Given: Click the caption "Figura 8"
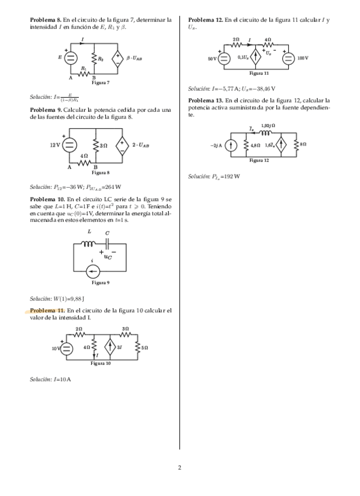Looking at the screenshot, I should click(101, 173).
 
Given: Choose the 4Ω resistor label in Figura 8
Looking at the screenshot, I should click(84, 156).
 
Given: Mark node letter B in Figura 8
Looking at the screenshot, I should click(95, 168).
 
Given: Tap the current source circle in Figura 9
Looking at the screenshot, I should click(92, 271).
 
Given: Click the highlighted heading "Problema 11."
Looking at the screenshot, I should click(47, 310).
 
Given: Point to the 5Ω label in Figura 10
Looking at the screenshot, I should click(144, 347).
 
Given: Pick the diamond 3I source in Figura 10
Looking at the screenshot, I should click(109, 347).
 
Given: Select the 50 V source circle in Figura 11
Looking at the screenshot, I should click(223, 58).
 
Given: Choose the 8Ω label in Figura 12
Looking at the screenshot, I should click(303, 144).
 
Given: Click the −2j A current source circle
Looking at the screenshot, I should click(231, 145).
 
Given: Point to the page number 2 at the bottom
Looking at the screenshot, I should click(180, 468).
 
